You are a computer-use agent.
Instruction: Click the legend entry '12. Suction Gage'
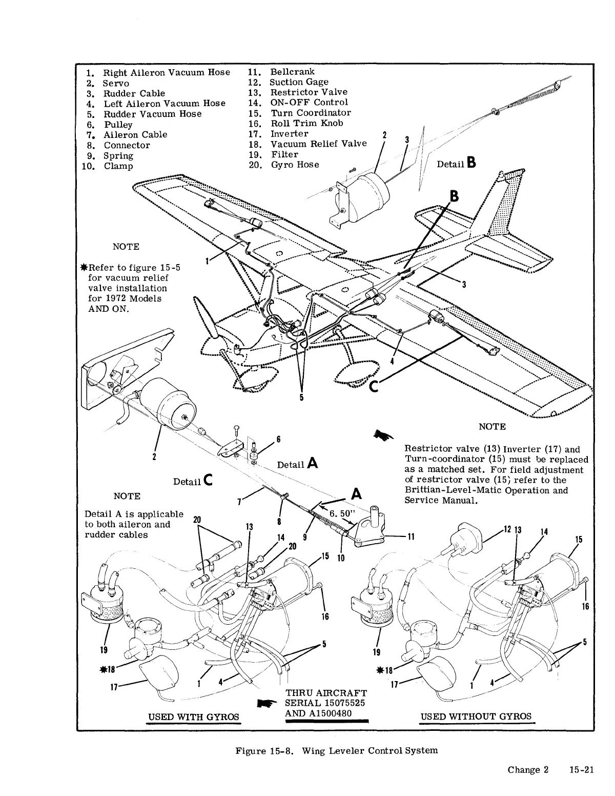click(299, 82)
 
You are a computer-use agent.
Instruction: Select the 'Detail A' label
click(298, 464)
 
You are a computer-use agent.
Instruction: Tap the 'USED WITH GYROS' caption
click(194, 717)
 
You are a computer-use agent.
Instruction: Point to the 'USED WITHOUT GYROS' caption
click(476, 717)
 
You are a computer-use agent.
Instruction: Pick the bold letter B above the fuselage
click(455, 197)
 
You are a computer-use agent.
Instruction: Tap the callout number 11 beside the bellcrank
click(411, 536)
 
